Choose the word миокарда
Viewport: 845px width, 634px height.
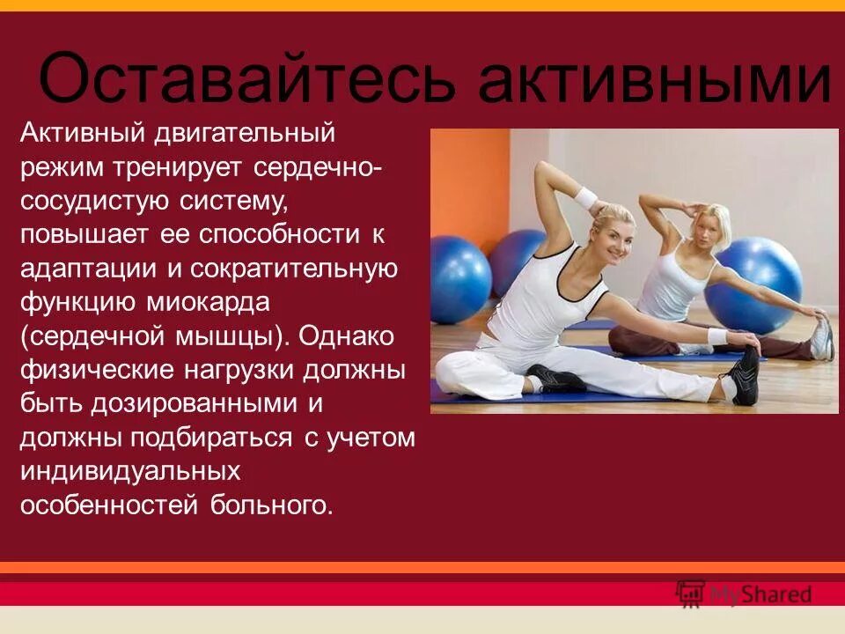210,302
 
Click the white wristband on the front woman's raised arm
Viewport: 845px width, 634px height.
586,198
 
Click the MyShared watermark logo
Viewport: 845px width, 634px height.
744,593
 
